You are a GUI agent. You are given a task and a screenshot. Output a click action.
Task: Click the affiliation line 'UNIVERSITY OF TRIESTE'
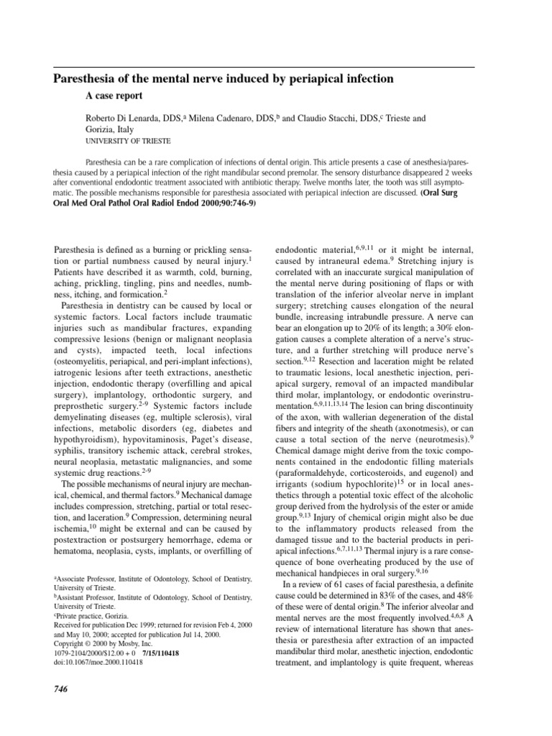(x=127, y=142)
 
